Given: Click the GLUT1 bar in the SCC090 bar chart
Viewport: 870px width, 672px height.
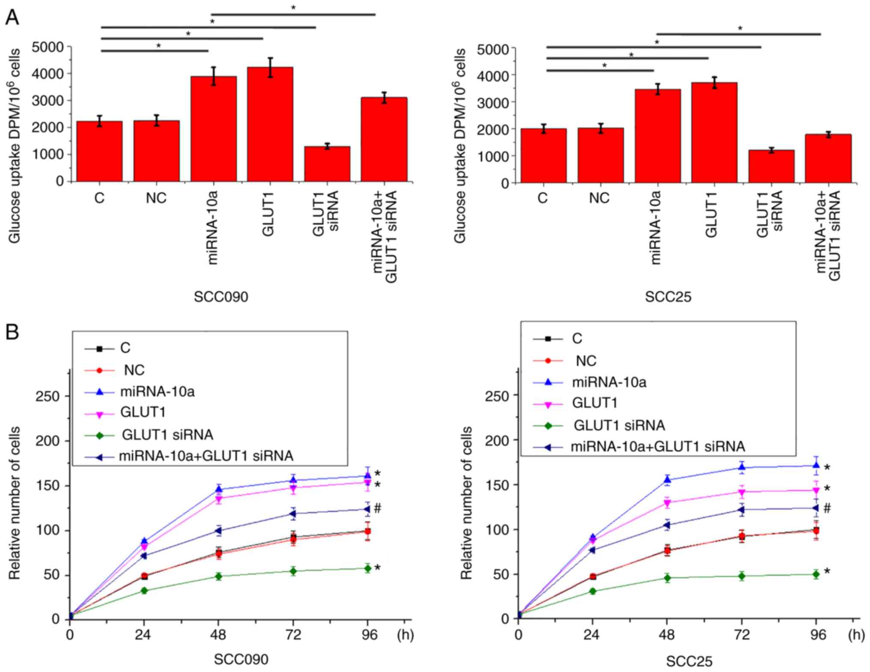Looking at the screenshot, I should (x=270, y=124).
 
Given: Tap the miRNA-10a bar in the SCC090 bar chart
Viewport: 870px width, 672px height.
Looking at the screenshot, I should (x=213, y=128).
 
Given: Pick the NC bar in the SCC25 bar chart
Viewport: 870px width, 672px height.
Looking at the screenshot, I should (x=600, y=155).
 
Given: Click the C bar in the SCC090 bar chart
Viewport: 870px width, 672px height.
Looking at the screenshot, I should (x=99, y=151).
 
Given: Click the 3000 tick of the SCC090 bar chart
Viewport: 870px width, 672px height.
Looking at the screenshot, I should (x=48, y=101).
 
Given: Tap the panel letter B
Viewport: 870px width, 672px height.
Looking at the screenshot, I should (x=12, y=332).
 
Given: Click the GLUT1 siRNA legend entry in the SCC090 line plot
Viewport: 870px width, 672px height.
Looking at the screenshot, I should (x=167, y=435).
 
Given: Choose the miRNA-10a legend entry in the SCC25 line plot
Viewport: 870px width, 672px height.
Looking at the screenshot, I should (x=609, y=382).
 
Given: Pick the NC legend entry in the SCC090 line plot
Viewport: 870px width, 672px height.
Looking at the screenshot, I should (x=134, y=370).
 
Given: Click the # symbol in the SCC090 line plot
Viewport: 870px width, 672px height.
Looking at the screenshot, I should (x=377, y=508).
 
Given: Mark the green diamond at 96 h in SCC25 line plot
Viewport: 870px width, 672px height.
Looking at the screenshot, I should (x=816, y=574).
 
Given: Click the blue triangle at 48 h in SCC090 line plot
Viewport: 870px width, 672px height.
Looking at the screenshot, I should (x=218, y=489).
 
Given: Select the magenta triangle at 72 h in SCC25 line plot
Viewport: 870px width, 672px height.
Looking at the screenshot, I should (x=742, y=492).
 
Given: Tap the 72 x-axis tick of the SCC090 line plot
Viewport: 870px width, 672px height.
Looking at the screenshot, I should (x=293, y=634).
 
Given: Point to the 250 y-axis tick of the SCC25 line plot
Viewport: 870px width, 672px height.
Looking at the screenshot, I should (x=498, y=395).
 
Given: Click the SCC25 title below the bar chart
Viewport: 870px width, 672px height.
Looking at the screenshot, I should (x=668, y=297).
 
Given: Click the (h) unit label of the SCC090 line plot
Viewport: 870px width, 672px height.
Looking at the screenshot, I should (x=405, y=634).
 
